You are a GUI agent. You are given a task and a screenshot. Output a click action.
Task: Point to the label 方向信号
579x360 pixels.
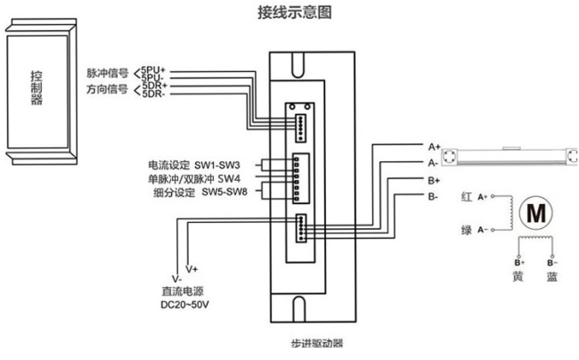pyautogui.click(x=107, y=90)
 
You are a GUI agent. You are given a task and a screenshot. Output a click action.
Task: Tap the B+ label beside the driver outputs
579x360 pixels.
pyautogui.click(x=432, y=179)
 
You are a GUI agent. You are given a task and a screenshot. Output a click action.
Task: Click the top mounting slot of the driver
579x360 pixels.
pyautogui.click(x=298, y=61)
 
